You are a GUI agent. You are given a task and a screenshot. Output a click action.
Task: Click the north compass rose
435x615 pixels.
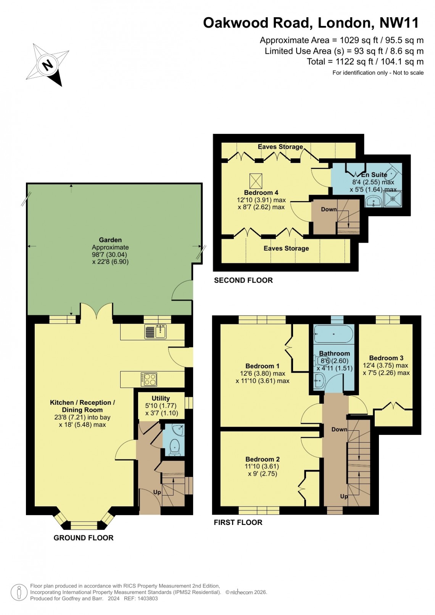[48, 64]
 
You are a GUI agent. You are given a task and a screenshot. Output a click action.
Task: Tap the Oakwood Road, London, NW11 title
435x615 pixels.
[311, 23]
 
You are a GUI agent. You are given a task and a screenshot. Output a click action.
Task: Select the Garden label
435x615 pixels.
[110, 240]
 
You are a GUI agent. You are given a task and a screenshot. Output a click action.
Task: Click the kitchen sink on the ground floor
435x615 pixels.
[156, 332]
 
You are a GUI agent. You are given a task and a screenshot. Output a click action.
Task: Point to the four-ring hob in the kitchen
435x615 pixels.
[149, 379]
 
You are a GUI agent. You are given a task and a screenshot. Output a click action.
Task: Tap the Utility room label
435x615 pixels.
[161, 398]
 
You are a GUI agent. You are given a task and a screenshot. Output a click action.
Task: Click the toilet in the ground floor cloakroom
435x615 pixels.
[175, 447]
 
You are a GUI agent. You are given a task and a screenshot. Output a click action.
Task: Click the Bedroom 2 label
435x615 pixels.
[262, 459]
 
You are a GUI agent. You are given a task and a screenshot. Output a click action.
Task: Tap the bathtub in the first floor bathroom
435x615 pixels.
[333, 334]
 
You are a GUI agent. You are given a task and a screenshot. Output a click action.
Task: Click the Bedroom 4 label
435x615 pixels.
[261, 193]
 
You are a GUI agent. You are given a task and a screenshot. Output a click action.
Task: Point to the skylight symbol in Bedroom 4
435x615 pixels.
[256, 180]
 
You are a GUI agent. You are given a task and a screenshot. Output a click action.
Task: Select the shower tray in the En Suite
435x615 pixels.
[393, 198]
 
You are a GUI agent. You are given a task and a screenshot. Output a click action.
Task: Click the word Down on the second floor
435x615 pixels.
[329, 209]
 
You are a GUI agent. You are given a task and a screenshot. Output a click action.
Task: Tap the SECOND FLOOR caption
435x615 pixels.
[243, 280]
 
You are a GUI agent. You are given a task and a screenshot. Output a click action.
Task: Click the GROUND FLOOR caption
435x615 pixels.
[84, 538]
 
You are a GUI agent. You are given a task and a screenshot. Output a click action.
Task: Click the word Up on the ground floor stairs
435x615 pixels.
[157, 492]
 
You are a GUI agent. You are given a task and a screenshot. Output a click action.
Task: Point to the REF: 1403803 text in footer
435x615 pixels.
[141, 599]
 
